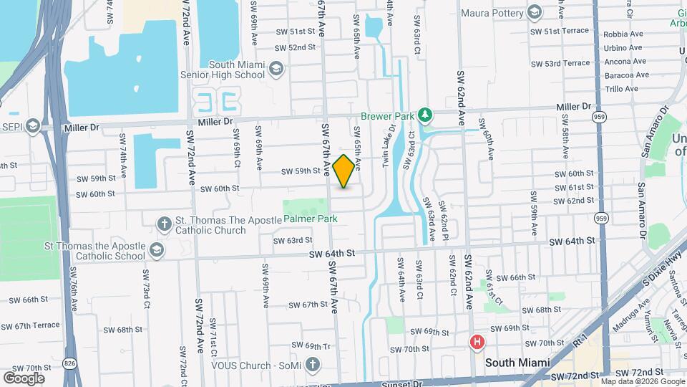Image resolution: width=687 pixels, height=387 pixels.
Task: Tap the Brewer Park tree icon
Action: (x=425, y=115)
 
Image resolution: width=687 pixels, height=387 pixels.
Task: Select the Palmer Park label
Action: (x=308, y=218)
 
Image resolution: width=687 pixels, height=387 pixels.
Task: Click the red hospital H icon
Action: (x=477, y=343)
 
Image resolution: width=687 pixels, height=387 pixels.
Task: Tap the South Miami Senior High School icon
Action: (x=276, y=69)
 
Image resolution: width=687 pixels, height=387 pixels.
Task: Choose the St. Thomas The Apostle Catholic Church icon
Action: (x=165, y=223)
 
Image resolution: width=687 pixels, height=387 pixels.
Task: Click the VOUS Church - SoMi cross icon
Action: (x=311, y=365)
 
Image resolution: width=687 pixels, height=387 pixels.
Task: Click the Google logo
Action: (x=24, y=378)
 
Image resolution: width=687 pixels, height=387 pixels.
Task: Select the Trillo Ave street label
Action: (x=621, y=89)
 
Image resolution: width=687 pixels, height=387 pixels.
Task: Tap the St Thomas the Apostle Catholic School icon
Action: (x=157, y=250)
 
